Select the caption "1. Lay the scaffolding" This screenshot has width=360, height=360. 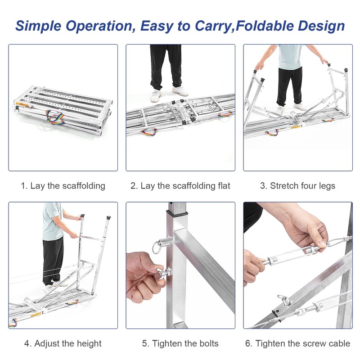coord(63,186)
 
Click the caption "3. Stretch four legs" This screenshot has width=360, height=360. coord(297,186)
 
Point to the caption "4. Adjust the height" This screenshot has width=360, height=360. coord(63,343)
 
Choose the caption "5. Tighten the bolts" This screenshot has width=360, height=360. coord(180,343)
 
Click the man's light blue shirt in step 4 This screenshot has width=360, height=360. coord(51,221)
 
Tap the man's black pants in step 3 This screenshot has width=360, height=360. coord(288,85)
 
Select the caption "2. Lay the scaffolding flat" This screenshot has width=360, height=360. coord(180,186)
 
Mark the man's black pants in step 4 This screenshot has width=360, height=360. coord(52,261)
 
